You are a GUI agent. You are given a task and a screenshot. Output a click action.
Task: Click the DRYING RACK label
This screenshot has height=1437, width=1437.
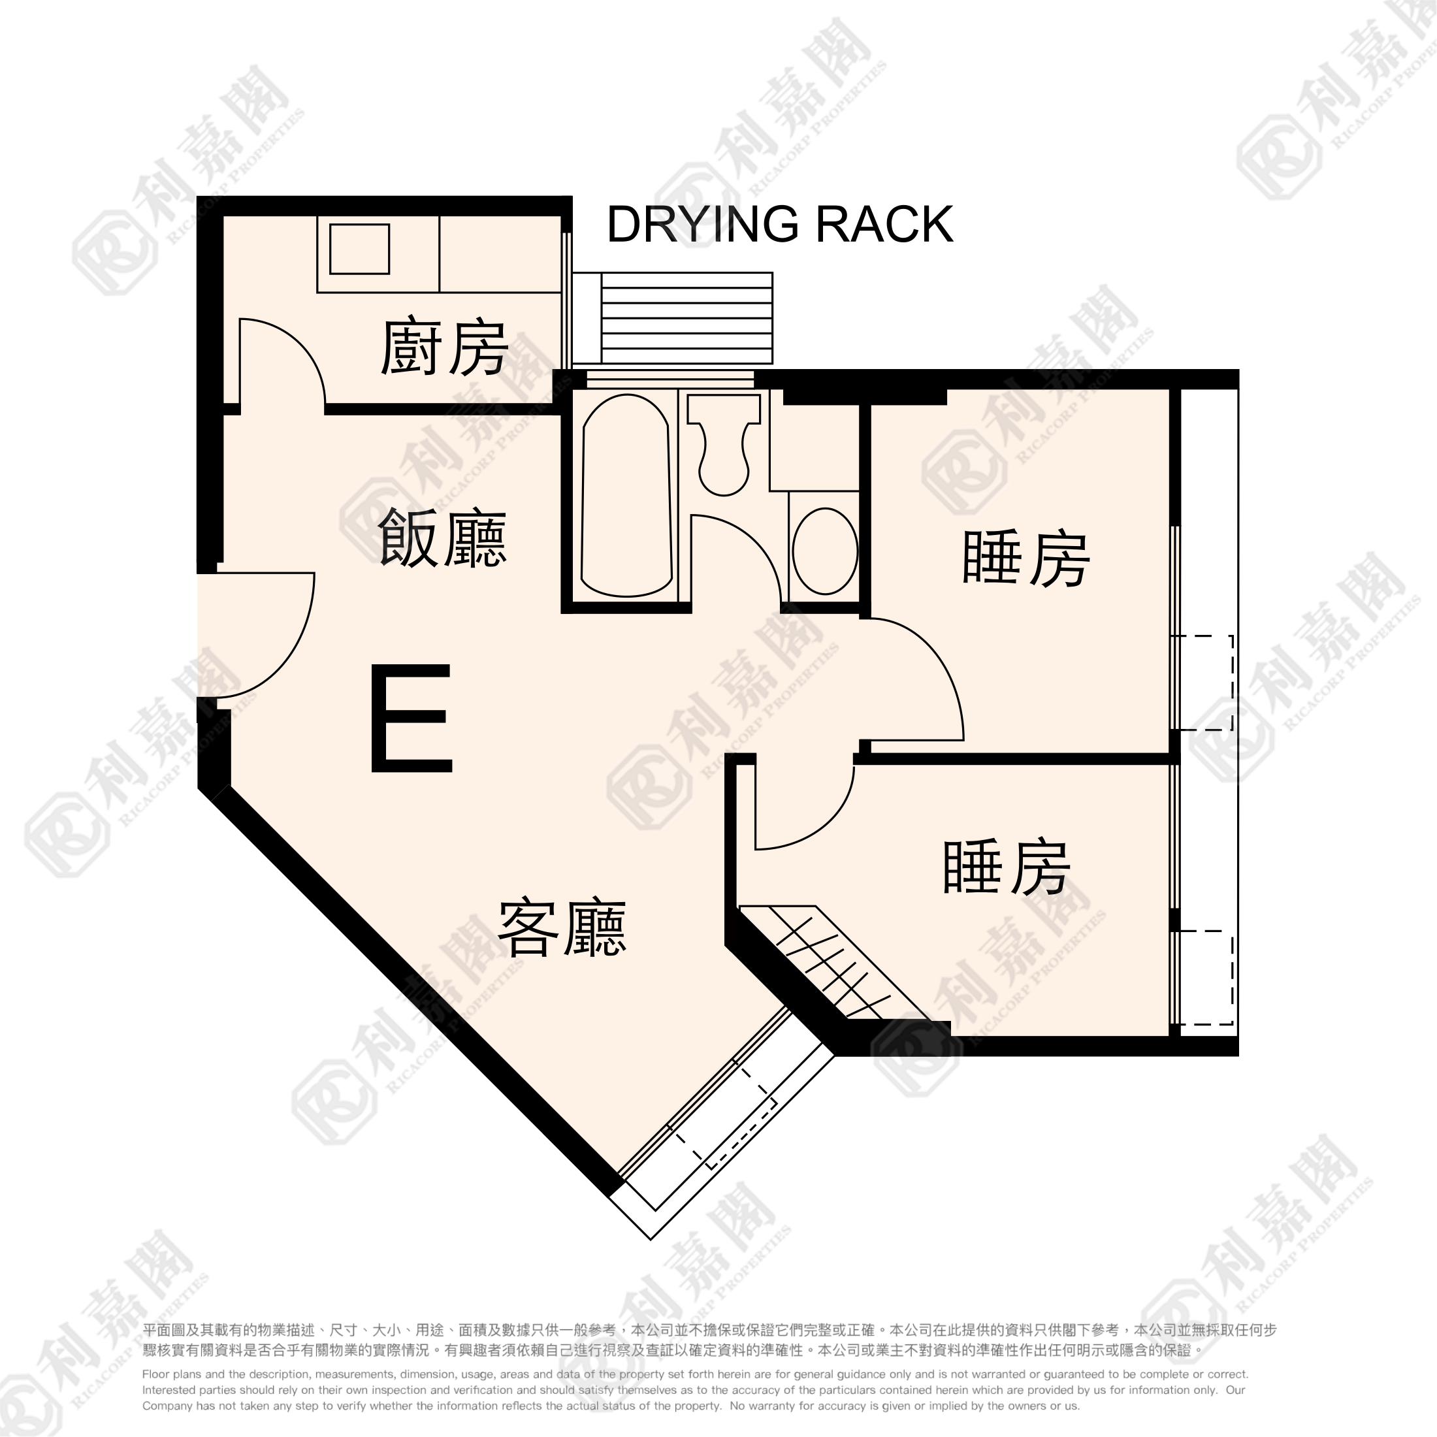click(x=779, y=224)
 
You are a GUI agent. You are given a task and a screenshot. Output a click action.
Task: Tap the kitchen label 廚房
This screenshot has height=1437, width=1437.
click(x=444, y=348)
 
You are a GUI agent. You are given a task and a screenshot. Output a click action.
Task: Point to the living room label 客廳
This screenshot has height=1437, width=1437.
click(x=562, y=928)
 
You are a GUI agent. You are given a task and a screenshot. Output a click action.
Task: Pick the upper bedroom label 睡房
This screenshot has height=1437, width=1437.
click(x=1026, y=558)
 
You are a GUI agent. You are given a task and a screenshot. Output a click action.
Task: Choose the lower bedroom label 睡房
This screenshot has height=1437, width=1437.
click(x=1007, y=867)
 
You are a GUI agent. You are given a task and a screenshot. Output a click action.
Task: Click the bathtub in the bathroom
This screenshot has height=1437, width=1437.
click(x=626, y=496)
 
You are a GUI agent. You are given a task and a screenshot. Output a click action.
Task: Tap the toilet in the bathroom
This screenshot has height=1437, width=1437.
click(x=724, y=445)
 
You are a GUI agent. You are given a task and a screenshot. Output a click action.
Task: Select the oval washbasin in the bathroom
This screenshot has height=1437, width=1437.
click(x=825, y=551)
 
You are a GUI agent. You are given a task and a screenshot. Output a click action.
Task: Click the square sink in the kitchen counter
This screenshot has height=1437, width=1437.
click(x=360, y=248)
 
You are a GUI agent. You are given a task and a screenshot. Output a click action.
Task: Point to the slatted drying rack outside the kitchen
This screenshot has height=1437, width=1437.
click(x=686, y=317)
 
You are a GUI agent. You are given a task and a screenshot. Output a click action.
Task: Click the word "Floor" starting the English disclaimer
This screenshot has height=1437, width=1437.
click(x=155, y=1374)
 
